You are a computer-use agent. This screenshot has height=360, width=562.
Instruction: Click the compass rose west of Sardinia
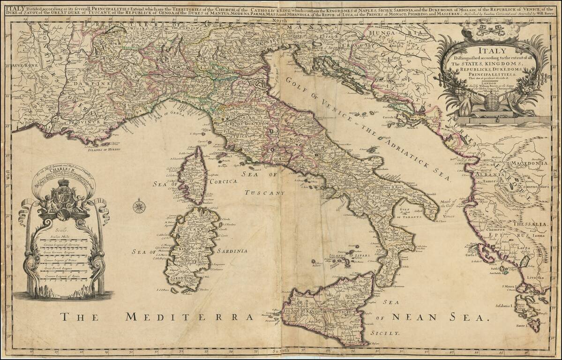(139, 206)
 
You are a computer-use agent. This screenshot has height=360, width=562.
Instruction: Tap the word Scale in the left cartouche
(62, 230)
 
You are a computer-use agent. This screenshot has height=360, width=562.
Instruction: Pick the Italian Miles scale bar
(62, 240)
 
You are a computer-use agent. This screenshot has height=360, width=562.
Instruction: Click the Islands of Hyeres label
(104, 149)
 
